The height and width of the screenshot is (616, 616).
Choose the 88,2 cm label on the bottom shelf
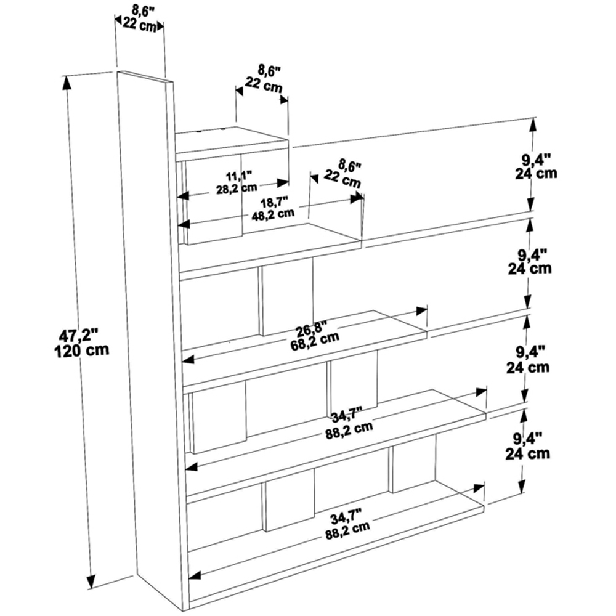pos(348,527)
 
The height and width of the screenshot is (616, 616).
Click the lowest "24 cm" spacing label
pos(527,454)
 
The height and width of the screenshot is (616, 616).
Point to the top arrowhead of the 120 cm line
pos(66,80)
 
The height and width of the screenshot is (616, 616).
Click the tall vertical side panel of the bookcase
pos(151,333)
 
